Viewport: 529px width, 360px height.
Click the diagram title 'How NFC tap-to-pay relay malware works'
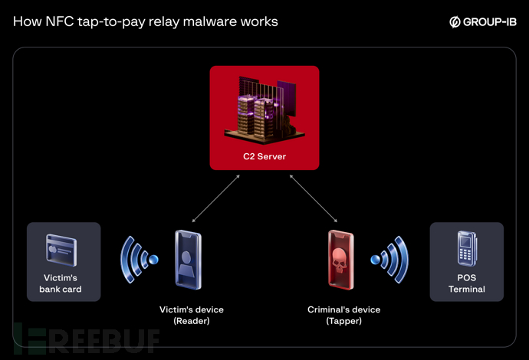(x=146, y=21)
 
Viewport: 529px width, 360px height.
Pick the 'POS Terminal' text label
(x=467, y=283)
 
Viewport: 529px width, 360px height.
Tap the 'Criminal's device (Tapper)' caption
(x=343, y=315)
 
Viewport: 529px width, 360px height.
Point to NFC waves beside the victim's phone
(x=138, y=259)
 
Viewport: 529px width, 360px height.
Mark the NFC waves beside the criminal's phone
(x=391, y=259)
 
